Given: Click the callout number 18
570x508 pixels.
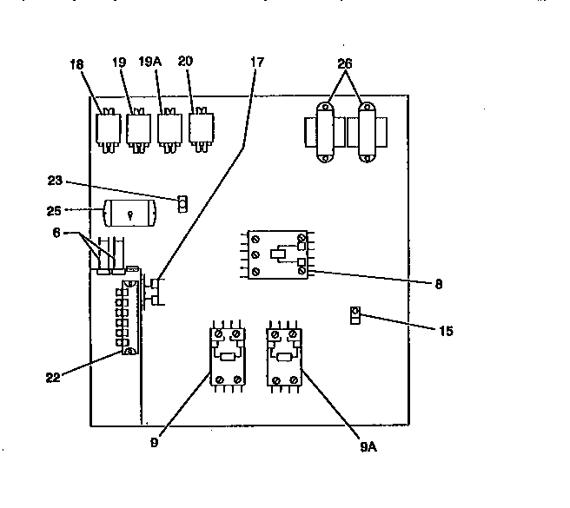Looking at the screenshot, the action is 76,64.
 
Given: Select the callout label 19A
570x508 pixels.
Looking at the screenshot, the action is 149,62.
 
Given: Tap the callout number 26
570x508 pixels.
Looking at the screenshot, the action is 345,64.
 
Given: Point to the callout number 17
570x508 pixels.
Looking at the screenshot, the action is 257,63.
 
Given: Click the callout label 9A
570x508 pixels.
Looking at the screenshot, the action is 368,446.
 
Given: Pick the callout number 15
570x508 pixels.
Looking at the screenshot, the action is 446,331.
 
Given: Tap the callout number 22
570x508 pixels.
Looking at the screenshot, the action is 53,378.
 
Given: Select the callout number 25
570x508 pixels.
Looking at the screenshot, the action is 54,211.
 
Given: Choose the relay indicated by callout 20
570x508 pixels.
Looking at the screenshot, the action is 201,129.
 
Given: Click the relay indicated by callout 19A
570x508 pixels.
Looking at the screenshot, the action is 169,130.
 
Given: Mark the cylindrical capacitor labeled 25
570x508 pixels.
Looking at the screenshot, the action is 129,214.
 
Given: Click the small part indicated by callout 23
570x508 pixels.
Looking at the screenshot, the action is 182,204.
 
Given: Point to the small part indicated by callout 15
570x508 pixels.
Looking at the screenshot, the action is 355,315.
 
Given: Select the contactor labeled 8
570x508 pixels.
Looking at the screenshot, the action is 277,254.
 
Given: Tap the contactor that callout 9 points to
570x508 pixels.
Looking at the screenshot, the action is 228,357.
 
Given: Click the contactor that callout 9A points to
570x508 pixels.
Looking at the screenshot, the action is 284,357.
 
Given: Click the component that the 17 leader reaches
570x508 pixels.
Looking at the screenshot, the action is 156,292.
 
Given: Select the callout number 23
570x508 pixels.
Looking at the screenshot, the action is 55,181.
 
